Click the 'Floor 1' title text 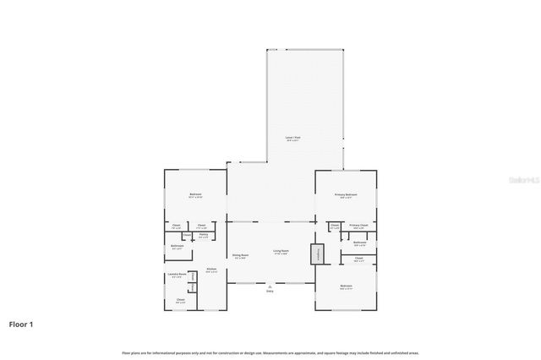[21, 324]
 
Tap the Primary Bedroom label [346, 195]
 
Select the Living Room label [281, 251]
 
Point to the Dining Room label [240, 255]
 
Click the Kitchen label [211, 269]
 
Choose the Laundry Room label [176, 275]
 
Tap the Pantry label [203, 235]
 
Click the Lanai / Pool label [292, 138]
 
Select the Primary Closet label [358, 226]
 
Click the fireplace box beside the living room [317, 254]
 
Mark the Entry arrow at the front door [270, 286]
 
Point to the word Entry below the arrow [270, 291]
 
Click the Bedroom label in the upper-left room [195, 195]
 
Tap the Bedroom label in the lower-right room [346, 286]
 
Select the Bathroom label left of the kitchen [178, 247]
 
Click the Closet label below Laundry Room [181, 299]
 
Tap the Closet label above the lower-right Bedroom [358, 258]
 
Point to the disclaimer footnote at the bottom [270, 352]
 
